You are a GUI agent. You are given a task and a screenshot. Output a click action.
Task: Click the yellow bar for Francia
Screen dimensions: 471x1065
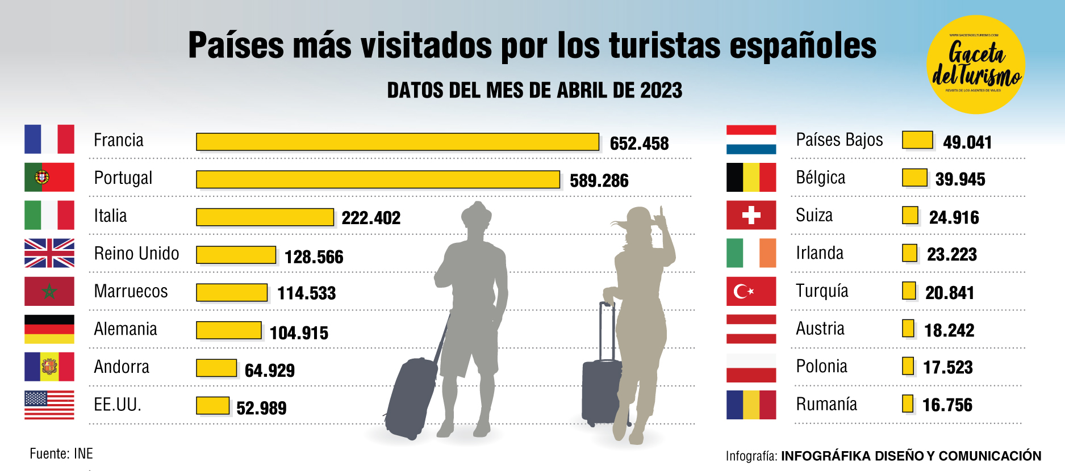(x=398, y=142)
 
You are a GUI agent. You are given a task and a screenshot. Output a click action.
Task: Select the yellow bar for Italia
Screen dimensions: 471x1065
(x=265, y=217)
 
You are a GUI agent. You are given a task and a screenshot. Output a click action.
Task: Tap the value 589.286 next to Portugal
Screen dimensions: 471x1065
(x=599, y=180)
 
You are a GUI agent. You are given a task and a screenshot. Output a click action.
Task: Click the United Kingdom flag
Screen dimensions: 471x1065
(x=49, y=253)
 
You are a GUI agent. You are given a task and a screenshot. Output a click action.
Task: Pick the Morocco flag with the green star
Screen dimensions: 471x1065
(x=49, y=291)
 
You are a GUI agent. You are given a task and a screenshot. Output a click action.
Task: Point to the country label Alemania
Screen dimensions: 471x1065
(x=126, y=329)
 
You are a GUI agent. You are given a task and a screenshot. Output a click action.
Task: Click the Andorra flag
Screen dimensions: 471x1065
(x=49, y=367)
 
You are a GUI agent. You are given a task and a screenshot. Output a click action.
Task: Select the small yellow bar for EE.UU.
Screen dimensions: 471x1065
(x=212, y=405)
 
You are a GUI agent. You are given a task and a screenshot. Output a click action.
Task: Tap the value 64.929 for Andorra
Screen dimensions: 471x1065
(x=269, y=371)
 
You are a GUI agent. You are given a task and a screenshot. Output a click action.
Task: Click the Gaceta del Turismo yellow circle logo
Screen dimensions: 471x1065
(x=975, y=65)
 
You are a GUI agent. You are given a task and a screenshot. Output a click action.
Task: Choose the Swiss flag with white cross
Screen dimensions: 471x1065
(x=751, y=215)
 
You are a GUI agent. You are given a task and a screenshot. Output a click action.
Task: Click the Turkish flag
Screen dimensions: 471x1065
(x=751, y=291)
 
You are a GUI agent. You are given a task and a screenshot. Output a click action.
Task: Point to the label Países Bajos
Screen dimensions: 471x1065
(x=839, y=140)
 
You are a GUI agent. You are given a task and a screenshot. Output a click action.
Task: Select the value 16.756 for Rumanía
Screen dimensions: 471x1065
(x=947, y=405)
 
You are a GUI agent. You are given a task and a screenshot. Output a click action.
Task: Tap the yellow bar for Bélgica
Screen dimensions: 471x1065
(x=914, y=178)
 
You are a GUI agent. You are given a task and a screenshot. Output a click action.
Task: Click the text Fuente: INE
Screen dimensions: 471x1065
(x=61, y=453)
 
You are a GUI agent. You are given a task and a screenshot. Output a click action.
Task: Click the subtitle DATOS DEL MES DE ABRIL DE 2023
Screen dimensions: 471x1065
(x=534, y=90)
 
